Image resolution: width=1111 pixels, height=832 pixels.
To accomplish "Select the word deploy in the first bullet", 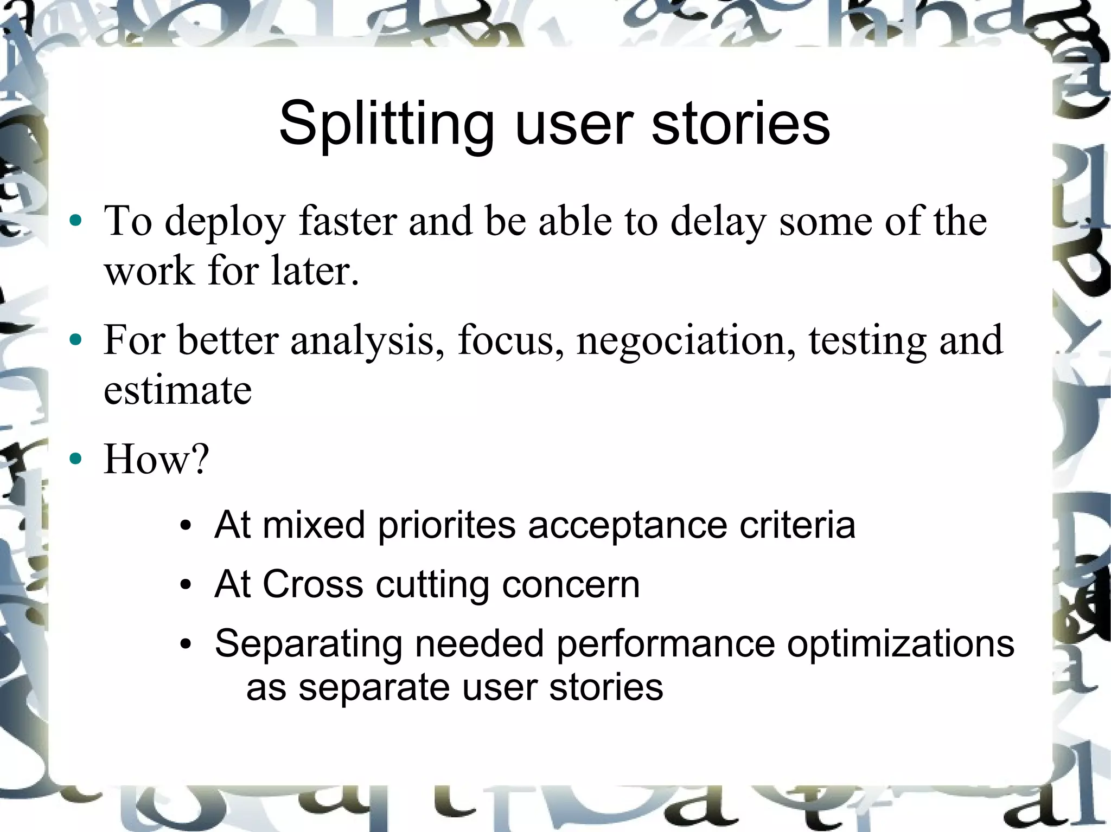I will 225,222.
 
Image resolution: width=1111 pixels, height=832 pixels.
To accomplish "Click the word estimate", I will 177,390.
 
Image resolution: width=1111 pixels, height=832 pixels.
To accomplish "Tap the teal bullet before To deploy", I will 76,221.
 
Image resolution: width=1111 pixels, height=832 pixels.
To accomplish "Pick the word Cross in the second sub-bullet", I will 312,584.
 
